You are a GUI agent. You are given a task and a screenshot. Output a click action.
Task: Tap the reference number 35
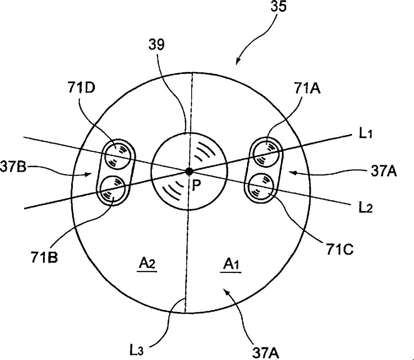click(278, 6)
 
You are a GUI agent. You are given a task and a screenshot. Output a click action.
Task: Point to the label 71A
click(307, 88)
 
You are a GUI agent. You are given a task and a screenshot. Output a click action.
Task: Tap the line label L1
click(365, 134)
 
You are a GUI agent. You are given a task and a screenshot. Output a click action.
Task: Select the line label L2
click(365, 208)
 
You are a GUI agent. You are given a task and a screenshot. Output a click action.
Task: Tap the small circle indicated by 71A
click(267, 152)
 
